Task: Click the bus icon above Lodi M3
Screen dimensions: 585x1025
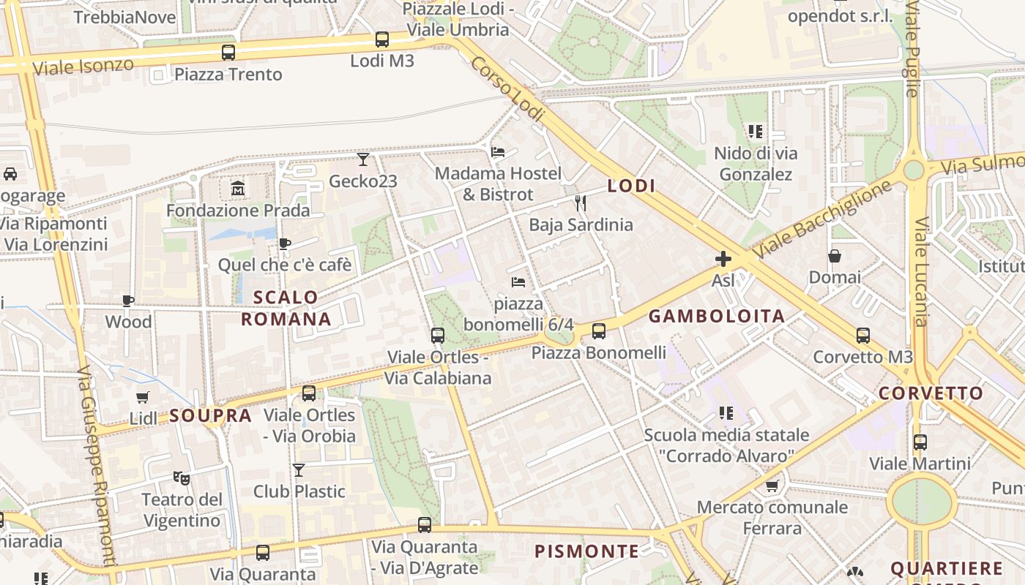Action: [x=381, y=39]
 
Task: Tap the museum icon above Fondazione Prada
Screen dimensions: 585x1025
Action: [x=238, y=189]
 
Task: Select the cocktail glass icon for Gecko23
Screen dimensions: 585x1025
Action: [x=363, y=159]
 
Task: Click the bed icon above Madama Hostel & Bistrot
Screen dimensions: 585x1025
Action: [x=498, y=152]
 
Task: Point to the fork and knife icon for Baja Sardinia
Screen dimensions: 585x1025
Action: [x=581, y=203]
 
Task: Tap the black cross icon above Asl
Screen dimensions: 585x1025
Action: [x=723, y=259]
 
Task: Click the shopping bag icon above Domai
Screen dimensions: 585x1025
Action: [x=835, y=256]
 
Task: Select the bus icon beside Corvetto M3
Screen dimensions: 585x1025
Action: [x=863, y=336]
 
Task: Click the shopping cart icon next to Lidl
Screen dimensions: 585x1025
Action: [x=143, y=397]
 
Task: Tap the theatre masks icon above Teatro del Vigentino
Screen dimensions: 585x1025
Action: [x=182, y=478]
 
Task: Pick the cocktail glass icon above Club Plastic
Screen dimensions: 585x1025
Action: [x=299, y=469]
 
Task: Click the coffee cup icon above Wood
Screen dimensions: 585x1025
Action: [x=128, y=301]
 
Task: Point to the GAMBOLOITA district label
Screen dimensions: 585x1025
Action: [x=717, y=316]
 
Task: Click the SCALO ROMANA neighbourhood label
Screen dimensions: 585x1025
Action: [x=286, y=308]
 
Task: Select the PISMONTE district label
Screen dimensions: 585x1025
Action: [x=586, y=551]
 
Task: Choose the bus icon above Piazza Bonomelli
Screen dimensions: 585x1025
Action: [x=599, y=331]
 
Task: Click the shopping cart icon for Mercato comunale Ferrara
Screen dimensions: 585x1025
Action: [x=772, y=486]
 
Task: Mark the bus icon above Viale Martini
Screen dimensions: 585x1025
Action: [x=920, y=442]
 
